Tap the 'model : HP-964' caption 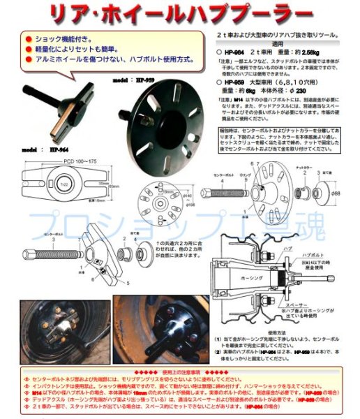(x=48, y=149)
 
